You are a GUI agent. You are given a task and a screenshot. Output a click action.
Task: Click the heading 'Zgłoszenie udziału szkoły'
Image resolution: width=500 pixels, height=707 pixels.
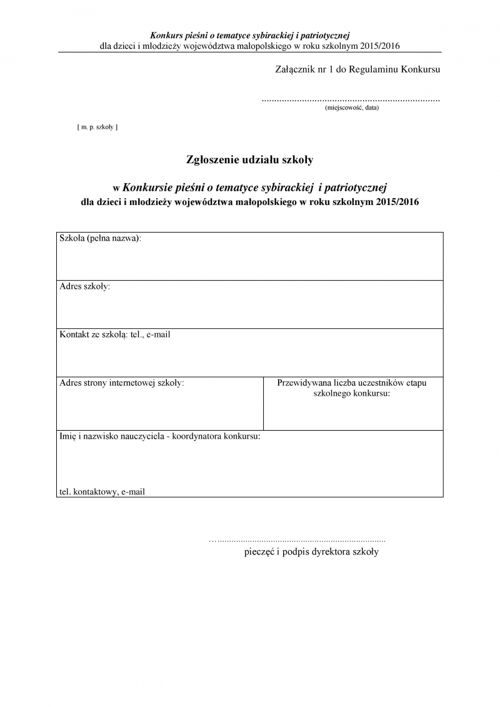(x=250, y=159)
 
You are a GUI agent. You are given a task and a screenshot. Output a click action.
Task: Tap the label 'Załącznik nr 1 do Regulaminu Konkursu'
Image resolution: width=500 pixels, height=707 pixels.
(x=357, y=69)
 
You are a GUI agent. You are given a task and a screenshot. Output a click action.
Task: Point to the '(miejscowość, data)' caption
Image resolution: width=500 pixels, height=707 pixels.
(x=351, y=108)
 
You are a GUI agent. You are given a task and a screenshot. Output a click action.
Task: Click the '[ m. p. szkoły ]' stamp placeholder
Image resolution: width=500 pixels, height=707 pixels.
(x=97, y=127)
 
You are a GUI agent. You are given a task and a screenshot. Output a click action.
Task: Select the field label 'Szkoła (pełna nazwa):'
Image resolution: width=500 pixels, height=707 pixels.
(x=100, y=238)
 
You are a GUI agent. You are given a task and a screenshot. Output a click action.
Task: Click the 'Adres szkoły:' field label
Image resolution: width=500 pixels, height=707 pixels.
(x=84, y=286)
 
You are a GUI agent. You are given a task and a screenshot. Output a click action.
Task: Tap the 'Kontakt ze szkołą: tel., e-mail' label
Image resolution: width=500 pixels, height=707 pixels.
(x=115, y=334)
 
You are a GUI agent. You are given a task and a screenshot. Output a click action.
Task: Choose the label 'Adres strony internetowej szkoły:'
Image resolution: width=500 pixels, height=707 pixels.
(x=122, y=383)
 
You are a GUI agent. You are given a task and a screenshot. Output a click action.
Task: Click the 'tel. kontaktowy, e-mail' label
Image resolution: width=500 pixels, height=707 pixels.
(x=102, y=492)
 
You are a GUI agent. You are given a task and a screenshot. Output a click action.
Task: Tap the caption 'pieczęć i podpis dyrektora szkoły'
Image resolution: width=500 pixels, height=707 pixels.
(x=311, y=552)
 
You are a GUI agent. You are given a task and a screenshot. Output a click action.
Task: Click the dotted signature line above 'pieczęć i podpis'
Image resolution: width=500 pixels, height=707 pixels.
(x=297, y=539)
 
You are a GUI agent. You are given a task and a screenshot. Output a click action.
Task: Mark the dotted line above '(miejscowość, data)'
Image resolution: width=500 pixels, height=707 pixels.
(x=351, y=99)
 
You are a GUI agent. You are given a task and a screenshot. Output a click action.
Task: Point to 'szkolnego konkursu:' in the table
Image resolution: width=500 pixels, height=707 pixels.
(x=351, y=394)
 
